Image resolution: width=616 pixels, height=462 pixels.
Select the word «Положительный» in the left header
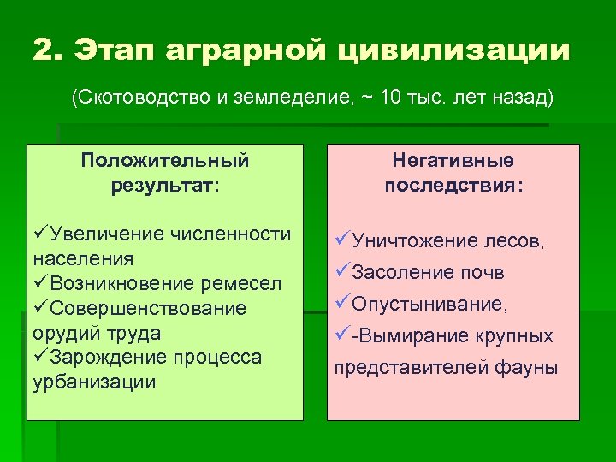click(x=165, y=161)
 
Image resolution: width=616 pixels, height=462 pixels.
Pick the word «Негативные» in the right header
click(x=453, y=161)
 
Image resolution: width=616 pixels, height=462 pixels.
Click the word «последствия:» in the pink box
click(x=453, y=186)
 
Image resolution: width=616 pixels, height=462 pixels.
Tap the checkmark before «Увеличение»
click(x=40, y=234)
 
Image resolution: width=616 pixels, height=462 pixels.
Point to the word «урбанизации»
click(x=94, y=382)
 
